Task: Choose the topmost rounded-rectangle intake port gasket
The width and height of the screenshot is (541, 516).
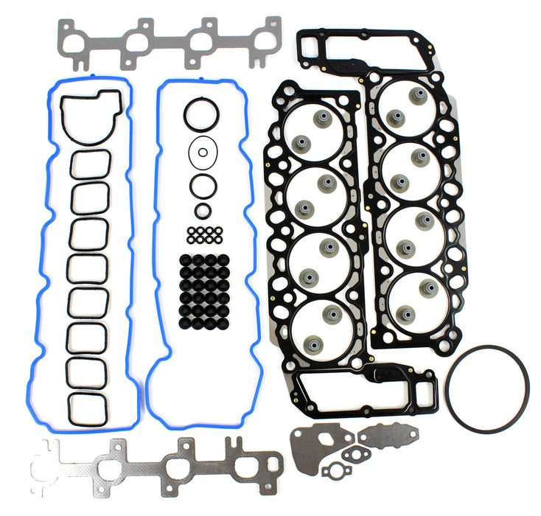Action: point(91,164)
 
